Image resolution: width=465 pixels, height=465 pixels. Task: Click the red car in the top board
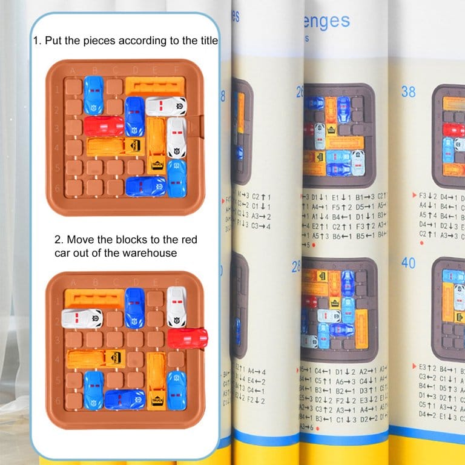pyautogui.click(x=104, y=126)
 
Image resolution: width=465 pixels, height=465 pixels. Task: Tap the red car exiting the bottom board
pyautogui.click(x=187, y=338)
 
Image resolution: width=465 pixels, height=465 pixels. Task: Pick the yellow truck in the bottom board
pyautogui.click(x=156, y=381)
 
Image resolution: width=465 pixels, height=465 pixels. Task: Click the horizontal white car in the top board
pyautogui.click(x=165, y=107)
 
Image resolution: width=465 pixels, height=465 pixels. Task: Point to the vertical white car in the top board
pyautogui.click(x=176, y=137)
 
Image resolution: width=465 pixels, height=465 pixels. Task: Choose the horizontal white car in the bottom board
pyautogui.click(x=82, y=318)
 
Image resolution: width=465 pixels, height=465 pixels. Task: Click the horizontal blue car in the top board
pyautogui.click(x=145, y=186)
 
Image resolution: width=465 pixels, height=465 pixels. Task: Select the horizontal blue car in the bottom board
pyautogui.click(x=124, y=399)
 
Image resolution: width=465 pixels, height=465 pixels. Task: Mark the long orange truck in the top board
pyautogui.click(x=115, y=146)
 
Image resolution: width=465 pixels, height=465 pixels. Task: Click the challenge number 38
pyautogui.click(x=409, y=91)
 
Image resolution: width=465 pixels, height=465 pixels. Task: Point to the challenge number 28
pyautogui.click(x=296, y=266)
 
